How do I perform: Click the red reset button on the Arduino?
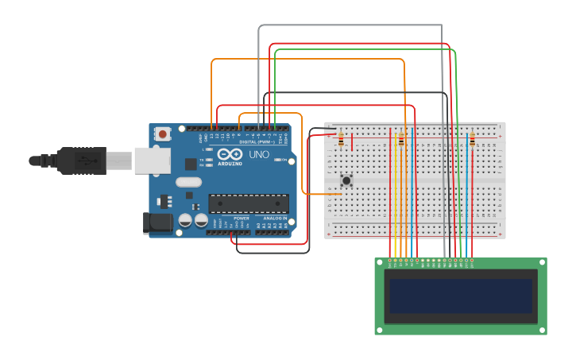coord(163,134)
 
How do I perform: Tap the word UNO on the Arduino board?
coord(259,154)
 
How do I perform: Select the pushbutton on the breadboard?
coord(346,180)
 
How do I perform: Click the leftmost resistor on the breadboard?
coord(341,141)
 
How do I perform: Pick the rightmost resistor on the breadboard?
coord(472,141)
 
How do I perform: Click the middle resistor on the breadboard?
coord(401,141)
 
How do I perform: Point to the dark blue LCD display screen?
coord(461,296)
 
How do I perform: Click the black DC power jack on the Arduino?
coord(157,223)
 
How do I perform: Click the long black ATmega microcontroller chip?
coord(248,203)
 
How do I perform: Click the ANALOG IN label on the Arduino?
coord(275,217)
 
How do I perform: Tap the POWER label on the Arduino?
coord(241,217)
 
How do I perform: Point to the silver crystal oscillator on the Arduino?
coord(189,182)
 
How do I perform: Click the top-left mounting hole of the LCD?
coord(379,263)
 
